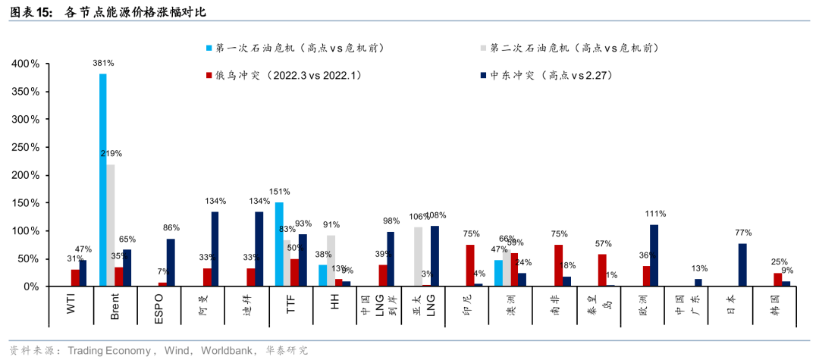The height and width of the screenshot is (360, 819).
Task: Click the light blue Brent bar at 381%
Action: pos(103,180)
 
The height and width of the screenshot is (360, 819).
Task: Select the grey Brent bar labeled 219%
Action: pos(111,225)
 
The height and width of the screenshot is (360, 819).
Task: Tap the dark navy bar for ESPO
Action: pos(171,262)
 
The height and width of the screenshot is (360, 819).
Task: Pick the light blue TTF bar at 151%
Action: pos(279,244)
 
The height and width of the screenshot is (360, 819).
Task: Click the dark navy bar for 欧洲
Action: pos(654,255)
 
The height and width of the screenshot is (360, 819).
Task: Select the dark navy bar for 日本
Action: pos(742,265)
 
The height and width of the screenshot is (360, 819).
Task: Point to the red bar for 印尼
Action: pos(470,265)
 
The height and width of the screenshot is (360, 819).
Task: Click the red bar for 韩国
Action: pos(777,280)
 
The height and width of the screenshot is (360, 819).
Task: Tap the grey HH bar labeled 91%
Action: pos(331,261)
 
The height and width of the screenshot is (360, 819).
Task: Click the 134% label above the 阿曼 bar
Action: pos(215,202)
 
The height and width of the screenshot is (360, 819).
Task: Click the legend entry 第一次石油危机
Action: pos(296,48)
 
